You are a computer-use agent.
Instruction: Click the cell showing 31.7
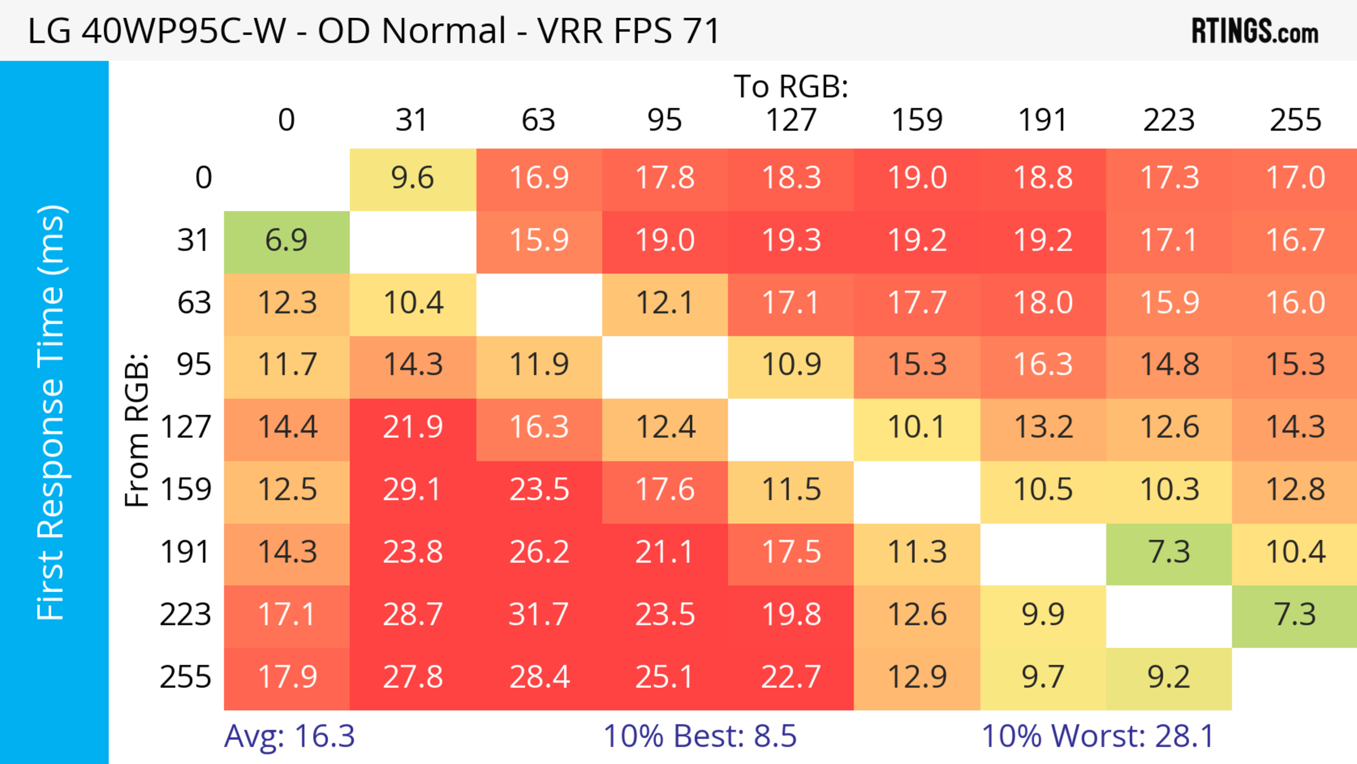[539, 615]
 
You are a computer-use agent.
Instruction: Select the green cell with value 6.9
[287, 241]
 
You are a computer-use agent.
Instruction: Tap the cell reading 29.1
[412, 490]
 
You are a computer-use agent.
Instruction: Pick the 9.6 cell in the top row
[412, 178]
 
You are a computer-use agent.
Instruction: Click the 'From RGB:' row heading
[137, 430]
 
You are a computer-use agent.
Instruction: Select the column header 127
[791, 120]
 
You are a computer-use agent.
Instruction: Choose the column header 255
[1296, 120]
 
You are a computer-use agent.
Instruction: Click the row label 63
[194, 303]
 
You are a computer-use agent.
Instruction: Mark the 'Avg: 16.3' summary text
[289, 736]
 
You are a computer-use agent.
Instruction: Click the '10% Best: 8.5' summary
[700, 736]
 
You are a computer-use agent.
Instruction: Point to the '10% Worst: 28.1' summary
[1098, 736]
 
